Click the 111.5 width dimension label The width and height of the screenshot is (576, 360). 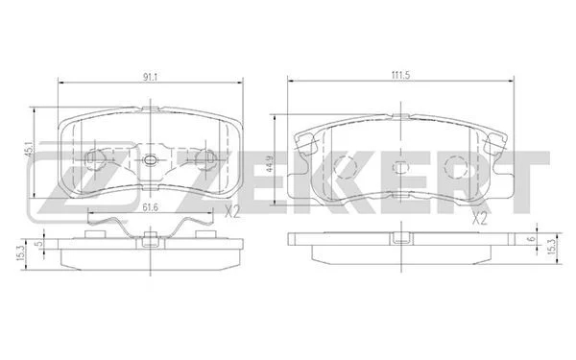point(400,75)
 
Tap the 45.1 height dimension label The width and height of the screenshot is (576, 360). point(29,150)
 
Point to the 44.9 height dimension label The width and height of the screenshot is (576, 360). point(270,164)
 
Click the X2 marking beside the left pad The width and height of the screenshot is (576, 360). point(232,212)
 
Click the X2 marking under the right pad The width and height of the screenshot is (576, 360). point(479,219)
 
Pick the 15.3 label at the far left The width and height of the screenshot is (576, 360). point(20,253)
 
